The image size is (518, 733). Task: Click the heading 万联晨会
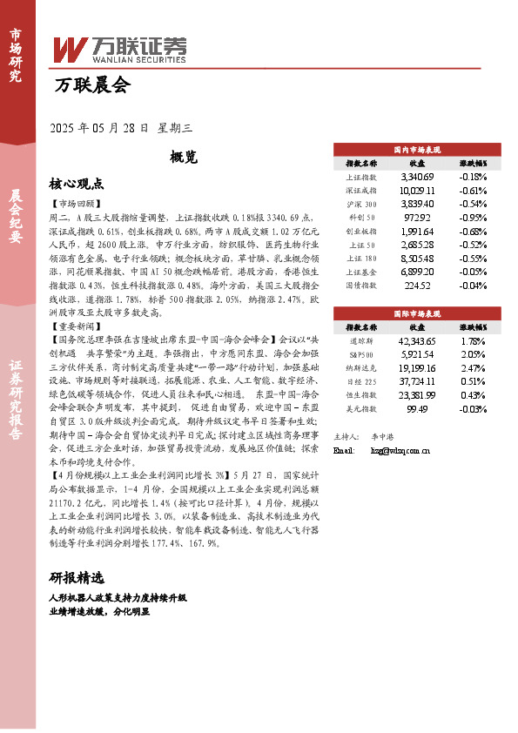pos(92,85)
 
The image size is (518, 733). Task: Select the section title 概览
pos(185,157)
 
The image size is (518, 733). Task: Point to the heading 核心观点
pos(77,185)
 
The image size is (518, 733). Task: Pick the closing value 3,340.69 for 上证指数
pos(416,177)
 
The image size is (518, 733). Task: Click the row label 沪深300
pos(360,203)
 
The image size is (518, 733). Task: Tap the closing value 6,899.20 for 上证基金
pos(416,272)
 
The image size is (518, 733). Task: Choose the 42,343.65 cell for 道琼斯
pos(416,340)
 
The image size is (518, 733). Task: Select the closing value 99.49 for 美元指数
pos(416,408)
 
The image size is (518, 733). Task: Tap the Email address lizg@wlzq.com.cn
pos(400,450)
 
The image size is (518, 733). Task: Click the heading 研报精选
pos(77,578)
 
